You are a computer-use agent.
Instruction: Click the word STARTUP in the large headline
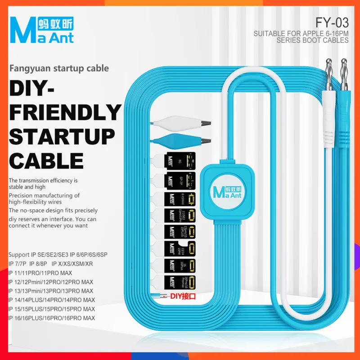62,136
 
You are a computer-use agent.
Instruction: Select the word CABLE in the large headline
46,161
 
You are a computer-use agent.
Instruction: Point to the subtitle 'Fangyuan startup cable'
58,68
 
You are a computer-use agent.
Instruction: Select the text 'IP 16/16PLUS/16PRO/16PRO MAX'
51,318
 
